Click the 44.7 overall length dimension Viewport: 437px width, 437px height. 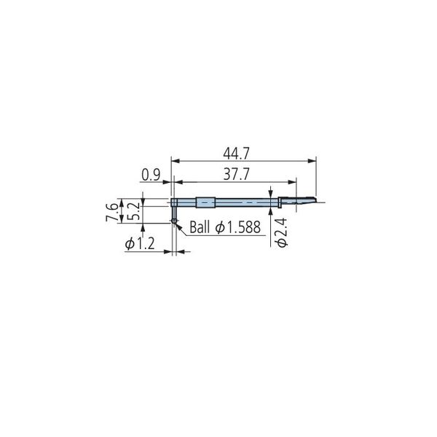coord(236,154)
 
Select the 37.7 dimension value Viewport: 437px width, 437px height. coord(236,175)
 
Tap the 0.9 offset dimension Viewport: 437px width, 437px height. coord(151,175)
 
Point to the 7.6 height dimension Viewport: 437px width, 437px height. coord(111,212)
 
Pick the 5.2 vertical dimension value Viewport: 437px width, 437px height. coord(133,211)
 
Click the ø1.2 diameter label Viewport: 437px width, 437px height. coord(140,244)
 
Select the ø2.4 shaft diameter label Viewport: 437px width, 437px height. coord(281,233)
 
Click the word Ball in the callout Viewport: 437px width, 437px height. coord(200,227)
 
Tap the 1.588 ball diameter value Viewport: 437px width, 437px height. coord(244,227)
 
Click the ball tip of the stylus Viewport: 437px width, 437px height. coord(174,221)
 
